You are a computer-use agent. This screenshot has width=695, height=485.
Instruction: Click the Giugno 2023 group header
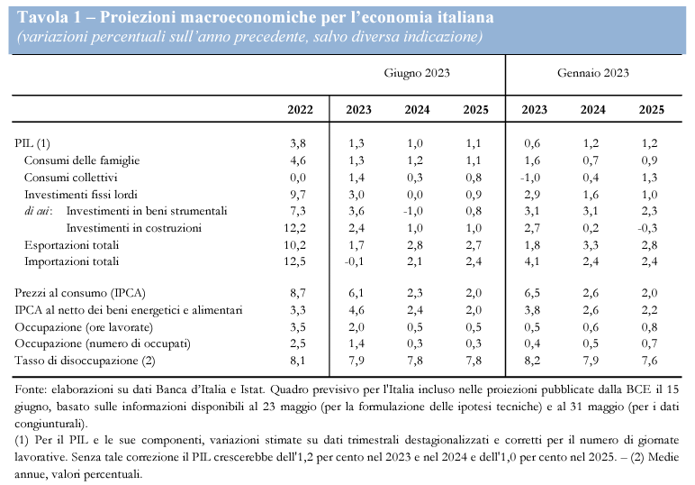417,73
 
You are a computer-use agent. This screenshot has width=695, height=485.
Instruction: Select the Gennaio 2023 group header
592,73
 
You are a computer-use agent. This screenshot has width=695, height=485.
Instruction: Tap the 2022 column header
300,110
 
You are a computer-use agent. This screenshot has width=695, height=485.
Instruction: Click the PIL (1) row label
32,143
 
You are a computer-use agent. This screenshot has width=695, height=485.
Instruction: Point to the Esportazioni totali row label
71,245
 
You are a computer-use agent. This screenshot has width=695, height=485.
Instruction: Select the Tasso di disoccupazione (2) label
85,361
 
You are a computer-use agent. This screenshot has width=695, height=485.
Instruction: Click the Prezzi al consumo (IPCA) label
80,293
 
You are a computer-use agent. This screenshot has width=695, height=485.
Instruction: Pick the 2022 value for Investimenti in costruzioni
294,228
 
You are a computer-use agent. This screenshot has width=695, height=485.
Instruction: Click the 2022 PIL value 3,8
298,143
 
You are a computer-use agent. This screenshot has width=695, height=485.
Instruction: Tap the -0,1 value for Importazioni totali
354,261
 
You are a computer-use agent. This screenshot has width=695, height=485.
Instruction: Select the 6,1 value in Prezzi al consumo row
357,293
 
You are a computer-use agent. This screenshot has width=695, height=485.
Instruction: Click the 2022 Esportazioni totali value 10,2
294,245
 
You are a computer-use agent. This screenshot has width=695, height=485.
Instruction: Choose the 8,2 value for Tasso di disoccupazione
532,361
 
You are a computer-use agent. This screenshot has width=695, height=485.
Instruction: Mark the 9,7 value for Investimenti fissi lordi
298,195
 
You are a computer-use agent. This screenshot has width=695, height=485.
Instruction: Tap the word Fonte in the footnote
30,389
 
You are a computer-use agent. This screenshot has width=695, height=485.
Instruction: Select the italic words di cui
38,211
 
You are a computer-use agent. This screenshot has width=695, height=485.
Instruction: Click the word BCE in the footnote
638,389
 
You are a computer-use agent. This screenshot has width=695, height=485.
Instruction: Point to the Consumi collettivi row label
71,178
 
